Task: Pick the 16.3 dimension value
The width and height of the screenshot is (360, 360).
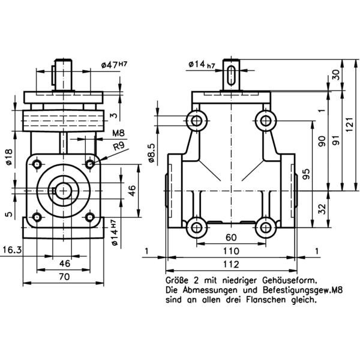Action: click(x=13, y=250)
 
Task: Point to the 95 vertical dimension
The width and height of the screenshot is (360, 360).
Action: click(x=306, y=175)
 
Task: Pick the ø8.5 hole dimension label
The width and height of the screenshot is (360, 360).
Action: click(x=151, y=152)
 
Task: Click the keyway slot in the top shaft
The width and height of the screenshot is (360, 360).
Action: click(x=232, y=77)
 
